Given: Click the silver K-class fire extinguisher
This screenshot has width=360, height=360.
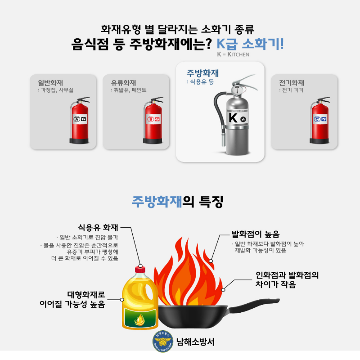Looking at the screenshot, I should click(235, 119).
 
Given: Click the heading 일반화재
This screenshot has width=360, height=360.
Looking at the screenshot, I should click(50, 83).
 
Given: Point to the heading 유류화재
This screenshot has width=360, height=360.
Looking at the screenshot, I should click(123, 83).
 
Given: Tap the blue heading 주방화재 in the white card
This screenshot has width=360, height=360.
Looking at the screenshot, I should click(202, 73).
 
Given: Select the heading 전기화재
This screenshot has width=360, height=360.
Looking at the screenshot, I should click(292, 83).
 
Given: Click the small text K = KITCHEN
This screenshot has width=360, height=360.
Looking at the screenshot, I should click(233, 55).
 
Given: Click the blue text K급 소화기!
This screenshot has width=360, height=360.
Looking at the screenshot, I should click(250, 45).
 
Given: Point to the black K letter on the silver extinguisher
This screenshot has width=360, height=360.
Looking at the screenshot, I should click(233, 118).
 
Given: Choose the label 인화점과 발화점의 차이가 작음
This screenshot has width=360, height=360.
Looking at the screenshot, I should click(287, 279).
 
